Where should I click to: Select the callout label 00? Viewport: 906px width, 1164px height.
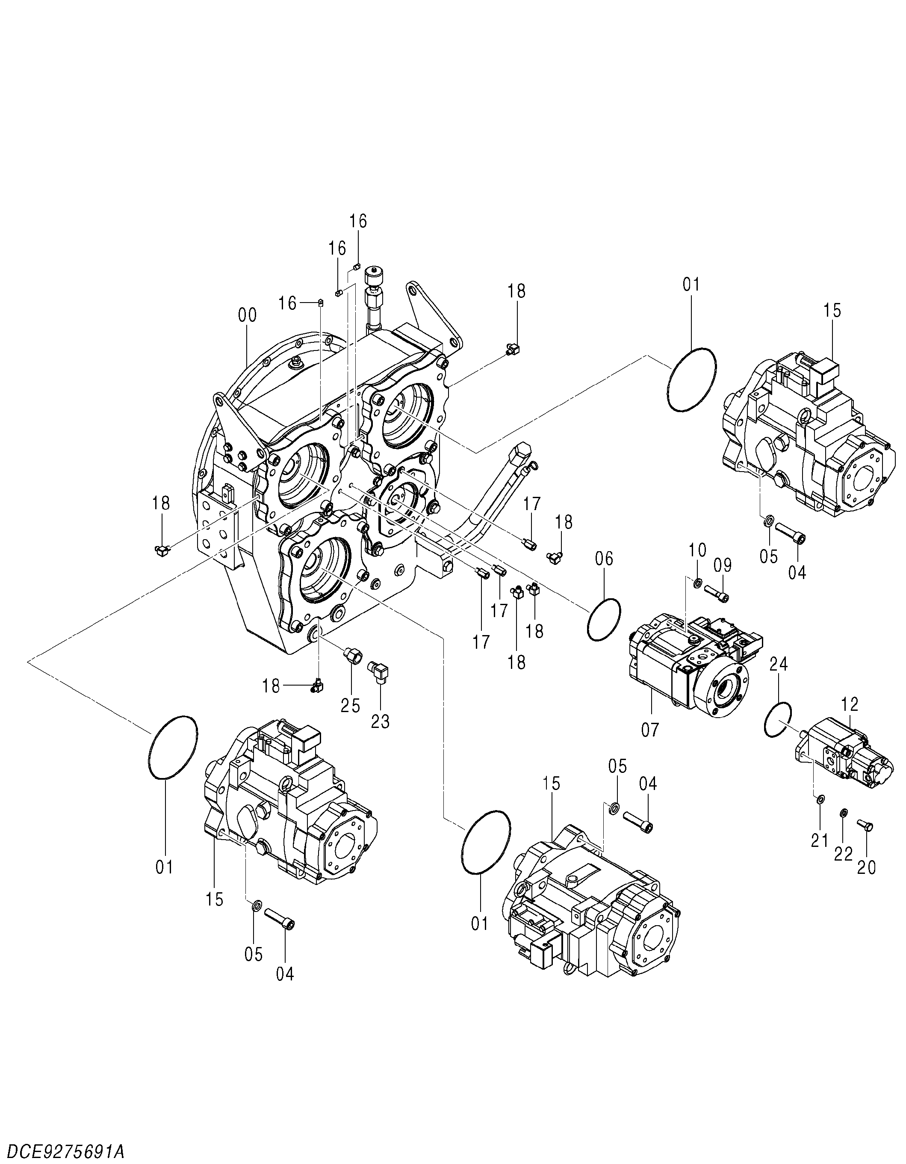[247, 315]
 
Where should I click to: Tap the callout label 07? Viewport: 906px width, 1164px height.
[650, 729]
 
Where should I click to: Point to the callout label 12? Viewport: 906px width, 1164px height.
[850, 704]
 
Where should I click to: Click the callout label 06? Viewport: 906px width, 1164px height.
[605, 558]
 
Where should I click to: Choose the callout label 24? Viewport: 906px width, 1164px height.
[779, 664]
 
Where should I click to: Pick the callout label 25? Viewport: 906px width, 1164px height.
[351, 706]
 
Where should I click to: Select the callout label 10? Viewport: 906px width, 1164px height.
[698, 549]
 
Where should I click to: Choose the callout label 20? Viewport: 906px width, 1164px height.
[866, 883]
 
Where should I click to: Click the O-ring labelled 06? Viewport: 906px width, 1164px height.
[604, 619]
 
